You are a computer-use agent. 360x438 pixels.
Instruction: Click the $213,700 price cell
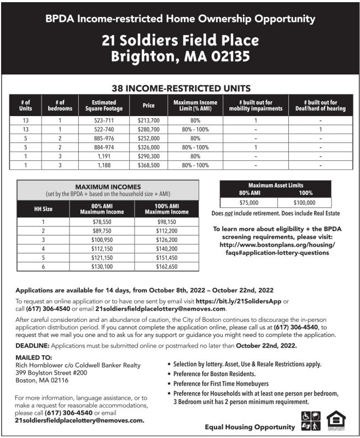[148, 120]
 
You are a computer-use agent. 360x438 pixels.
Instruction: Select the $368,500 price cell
[148, 165]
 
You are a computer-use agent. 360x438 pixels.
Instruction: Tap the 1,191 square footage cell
[104, 156]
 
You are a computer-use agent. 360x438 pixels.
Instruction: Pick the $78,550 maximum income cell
[102, 222]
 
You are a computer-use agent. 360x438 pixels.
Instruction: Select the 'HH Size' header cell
[43, 209]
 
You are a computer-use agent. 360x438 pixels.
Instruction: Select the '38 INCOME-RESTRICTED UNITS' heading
[181, 88]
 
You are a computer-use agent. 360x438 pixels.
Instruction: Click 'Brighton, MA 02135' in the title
[180, 56]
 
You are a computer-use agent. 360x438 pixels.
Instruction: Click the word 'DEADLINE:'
[32, 345]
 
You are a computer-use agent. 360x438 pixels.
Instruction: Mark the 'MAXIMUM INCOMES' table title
[108, 187]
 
